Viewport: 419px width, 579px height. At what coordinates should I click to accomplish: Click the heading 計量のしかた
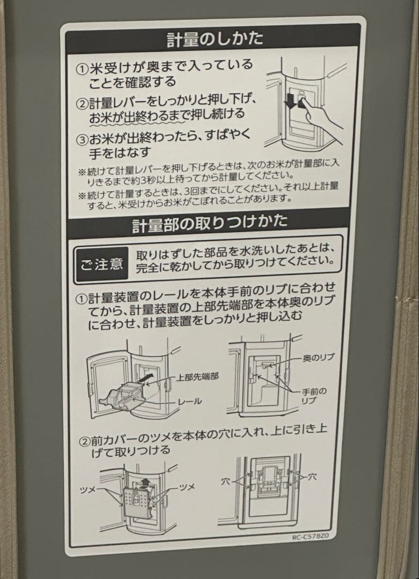215,39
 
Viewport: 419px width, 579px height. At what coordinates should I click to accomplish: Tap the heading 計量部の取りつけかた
210,222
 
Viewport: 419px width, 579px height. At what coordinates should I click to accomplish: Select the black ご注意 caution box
102,264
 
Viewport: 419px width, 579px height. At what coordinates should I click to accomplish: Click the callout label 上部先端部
197,377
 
